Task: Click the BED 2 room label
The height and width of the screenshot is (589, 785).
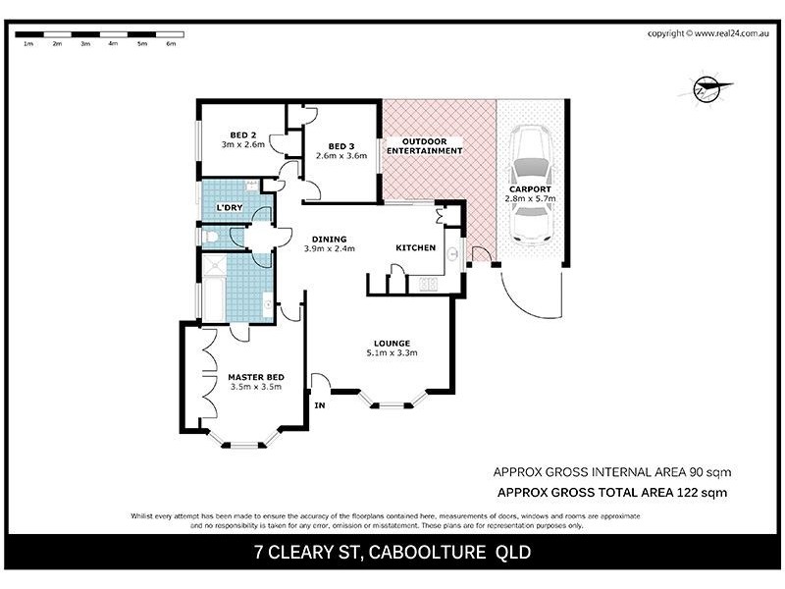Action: (242, 135)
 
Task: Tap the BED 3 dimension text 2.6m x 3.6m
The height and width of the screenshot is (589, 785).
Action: (341, 156)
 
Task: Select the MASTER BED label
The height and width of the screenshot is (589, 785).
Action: (256, 377)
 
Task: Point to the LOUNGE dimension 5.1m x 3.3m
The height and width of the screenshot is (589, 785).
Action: (392, 352)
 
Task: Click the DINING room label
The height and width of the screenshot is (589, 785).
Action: (329, 240)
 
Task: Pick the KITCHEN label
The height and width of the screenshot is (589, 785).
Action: (415, 248)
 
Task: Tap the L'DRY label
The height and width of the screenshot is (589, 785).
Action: (230, 207)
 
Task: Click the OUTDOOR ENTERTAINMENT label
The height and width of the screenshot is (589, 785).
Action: (424, 145)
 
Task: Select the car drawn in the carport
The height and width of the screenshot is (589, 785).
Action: (531, 185)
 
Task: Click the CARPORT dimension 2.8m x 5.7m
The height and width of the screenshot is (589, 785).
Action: (530, 198)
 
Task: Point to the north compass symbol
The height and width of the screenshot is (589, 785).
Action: (706, 88)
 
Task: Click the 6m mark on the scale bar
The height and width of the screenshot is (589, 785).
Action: (171, 43)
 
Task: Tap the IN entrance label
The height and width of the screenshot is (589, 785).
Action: (320, 405)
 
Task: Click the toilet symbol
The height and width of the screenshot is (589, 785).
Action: (209, 236)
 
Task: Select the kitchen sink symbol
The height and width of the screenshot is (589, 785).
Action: (452, 254)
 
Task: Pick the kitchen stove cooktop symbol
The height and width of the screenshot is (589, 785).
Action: (428, 284)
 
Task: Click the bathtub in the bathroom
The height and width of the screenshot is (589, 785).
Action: (212, 299)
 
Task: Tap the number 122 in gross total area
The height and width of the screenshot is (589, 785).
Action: (687, 493)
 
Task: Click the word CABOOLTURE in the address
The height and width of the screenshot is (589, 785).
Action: (427, 553)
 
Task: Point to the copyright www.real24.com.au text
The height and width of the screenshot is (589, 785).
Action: (707, 33)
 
